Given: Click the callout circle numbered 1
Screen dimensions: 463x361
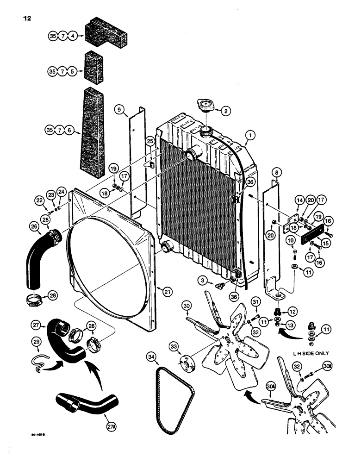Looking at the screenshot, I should pyautogui.click(x=250, y=136).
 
